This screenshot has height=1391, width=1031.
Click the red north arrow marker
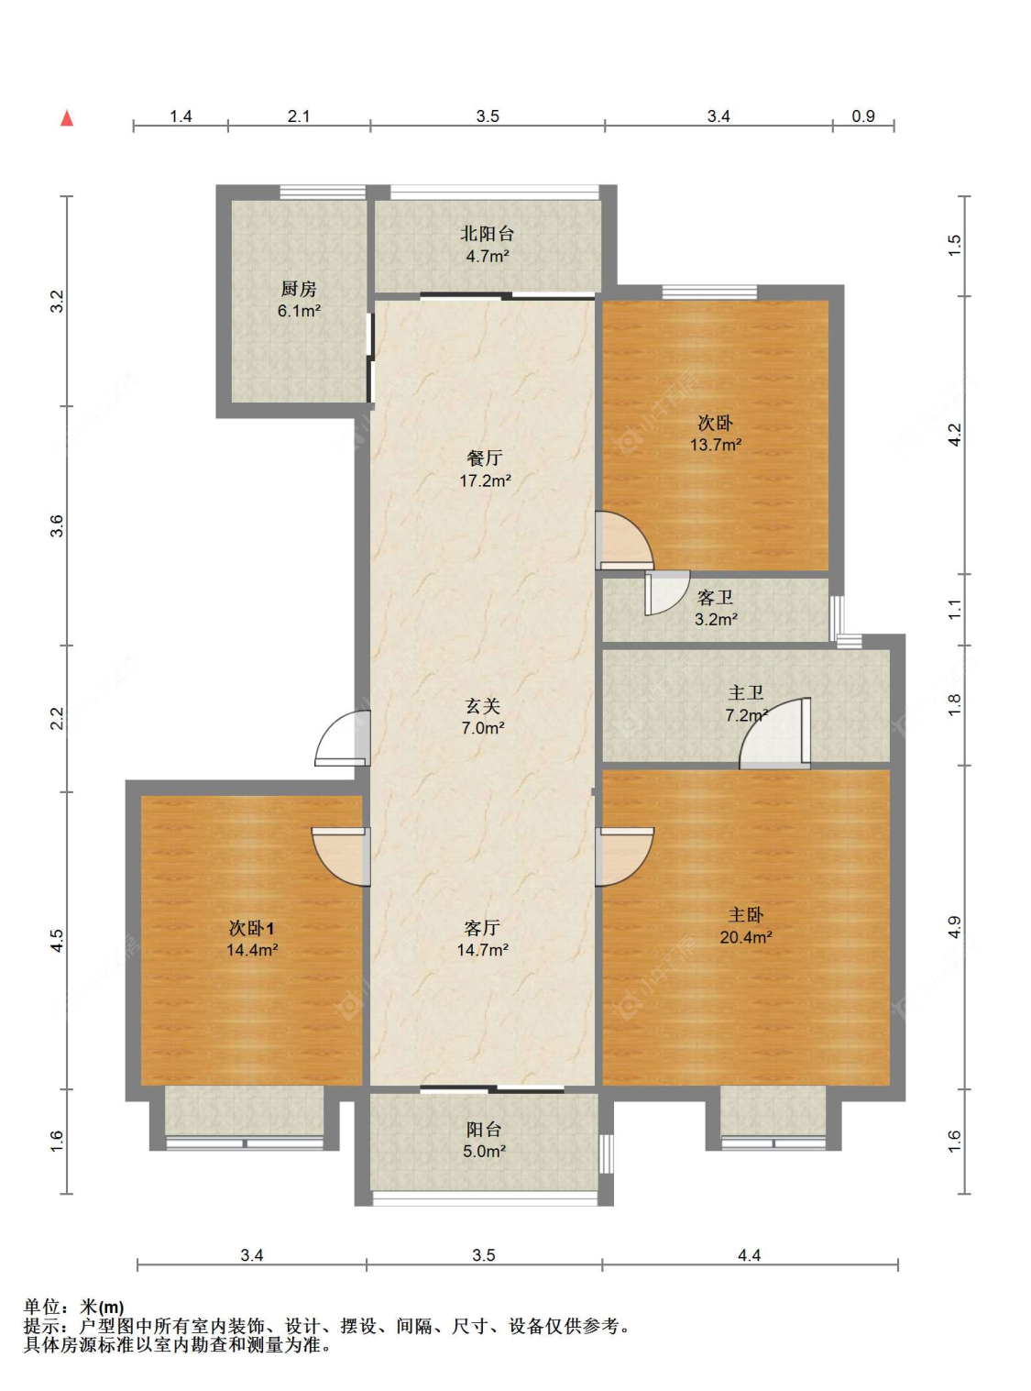(66, 118)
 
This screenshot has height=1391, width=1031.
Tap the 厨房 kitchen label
(299, 289)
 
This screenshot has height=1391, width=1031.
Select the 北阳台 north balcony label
(487, 234)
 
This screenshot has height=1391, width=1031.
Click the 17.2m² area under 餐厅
(485, 481)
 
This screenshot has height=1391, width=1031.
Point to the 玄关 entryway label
(483, 707)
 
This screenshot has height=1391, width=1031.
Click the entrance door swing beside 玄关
(342, 738)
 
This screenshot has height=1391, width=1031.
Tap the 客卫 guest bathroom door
(667, 592)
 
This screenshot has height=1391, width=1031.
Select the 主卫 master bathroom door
(775, 733)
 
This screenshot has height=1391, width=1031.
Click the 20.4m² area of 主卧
(746, 938)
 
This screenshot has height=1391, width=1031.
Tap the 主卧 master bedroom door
(624, 856)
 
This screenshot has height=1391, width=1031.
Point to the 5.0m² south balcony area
(485, 1151)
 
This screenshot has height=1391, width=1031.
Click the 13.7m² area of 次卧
(716, 445)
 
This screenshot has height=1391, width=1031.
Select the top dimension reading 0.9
(863, 116)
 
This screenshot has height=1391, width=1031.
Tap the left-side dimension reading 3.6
(58, 525)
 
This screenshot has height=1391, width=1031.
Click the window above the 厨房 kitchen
(323, 192)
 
